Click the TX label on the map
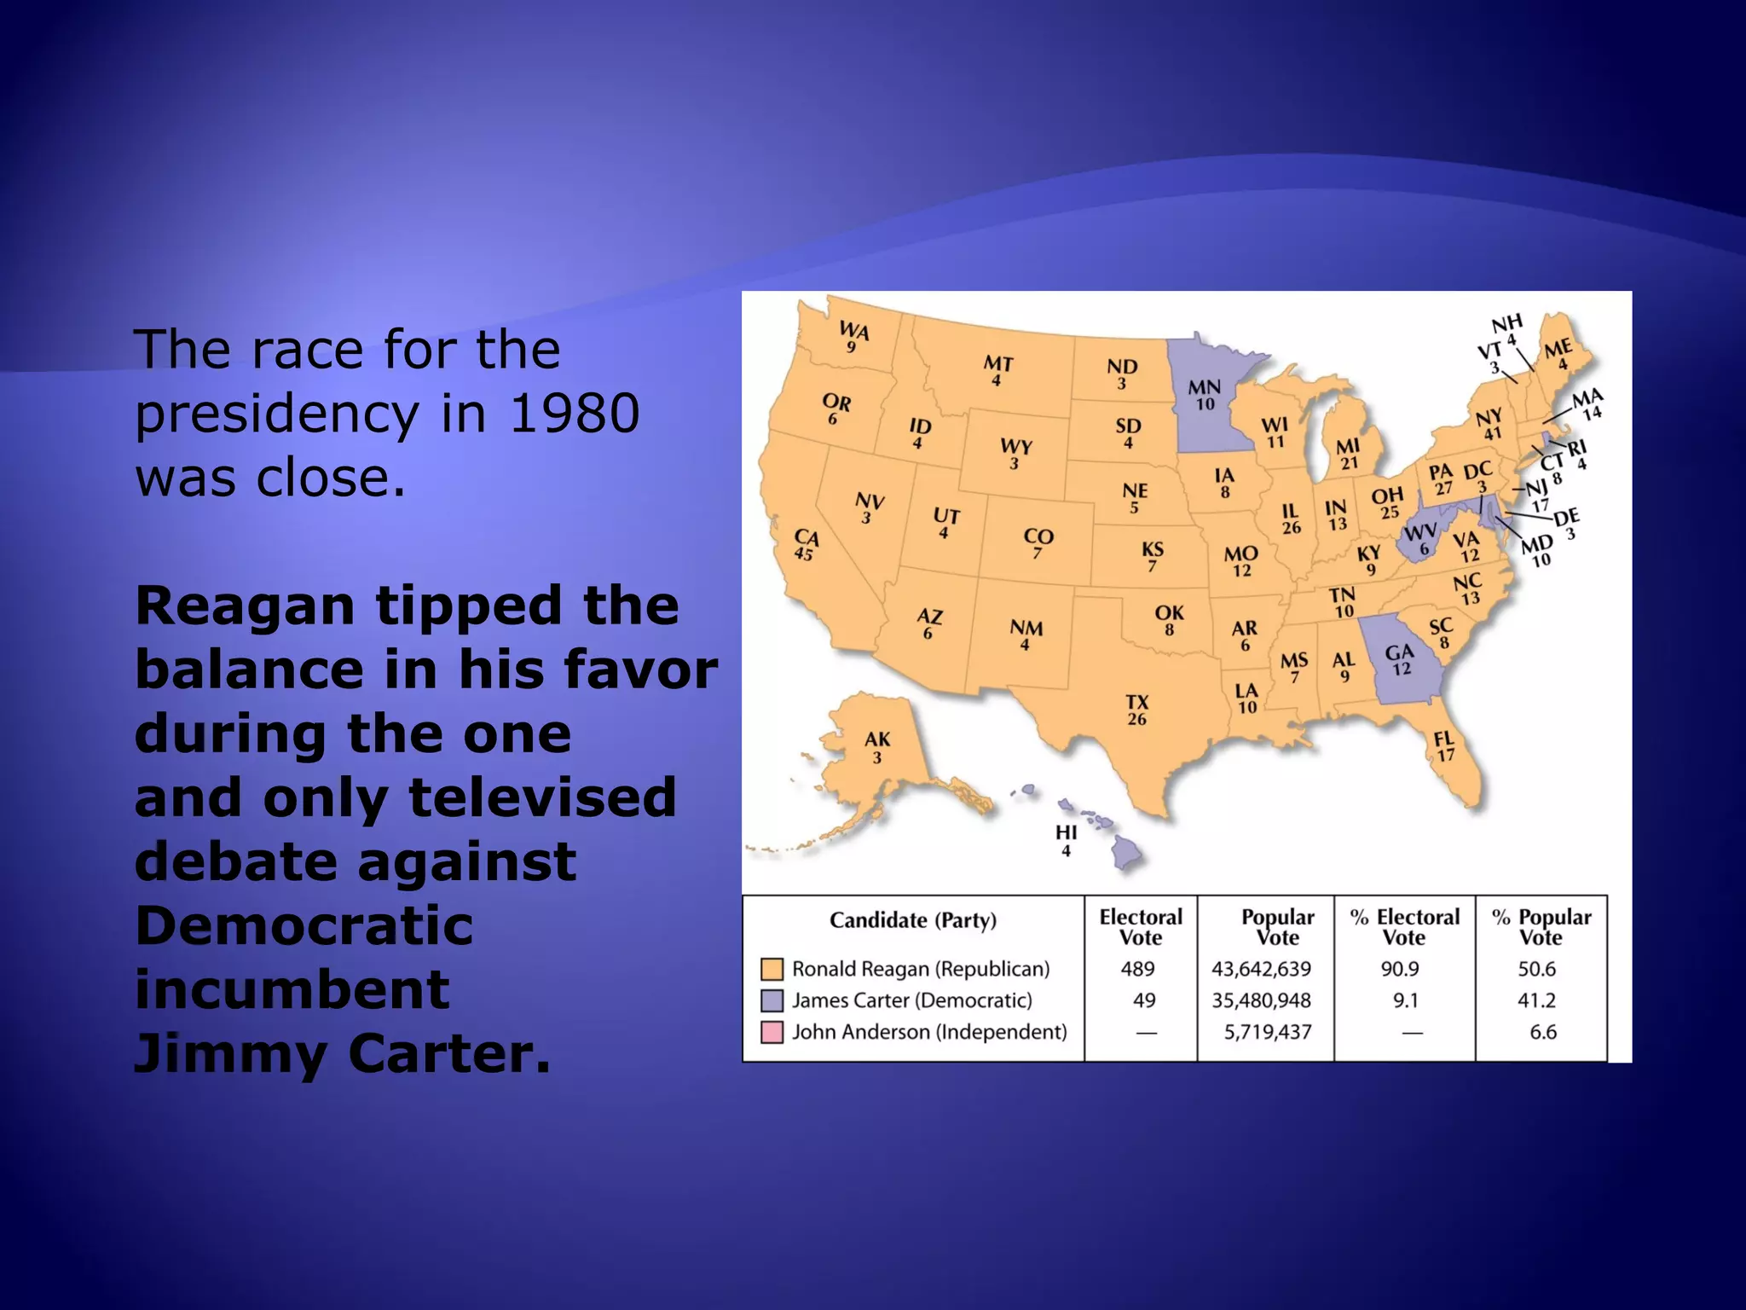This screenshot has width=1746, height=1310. click(1137, 702)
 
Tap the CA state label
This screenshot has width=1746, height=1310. click(806, 538)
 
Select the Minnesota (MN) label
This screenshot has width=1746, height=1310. click(1204, 388)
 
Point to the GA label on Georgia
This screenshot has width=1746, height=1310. click(1399, 653)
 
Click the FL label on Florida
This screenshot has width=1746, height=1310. click(1444, 739)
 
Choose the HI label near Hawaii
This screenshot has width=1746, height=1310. click(1066, 832)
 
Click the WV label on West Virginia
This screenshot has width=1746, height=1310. click(1419, 533)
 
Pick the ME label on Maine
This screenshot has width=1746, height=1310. click(1558, 349)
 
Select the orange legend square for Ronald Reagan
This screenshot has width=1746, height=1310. click(772, 970)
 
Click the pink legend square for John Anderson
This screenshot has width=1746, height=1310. click(772, 1033)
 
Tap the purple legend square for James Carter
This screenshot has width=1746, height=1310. click(772, 1001)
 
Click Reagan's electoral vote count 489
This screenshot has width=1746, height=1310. click(1138, 969)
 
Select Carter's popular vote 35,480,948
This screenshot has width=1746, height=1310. click(1262, 1000)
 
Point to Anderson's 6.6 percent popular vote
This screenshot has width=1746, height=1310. click(1543, 1032)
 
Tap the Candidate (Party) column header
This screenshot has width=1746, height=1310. click(913, 920)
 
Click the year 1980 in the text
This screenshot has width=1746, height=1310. click(574, 414)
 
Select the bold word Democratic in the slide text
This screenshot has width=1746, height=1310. click(304, 926)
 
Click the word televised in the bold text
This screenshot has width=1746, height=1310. click(542, 797)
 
